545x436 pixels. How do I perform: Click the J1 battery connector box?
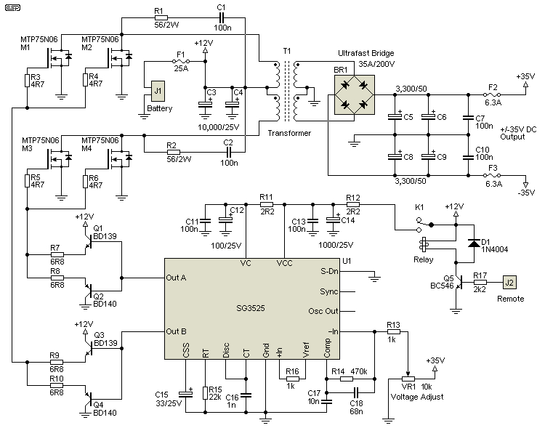click(156, 92)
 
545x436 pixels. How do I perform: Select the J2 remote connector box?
click(509, 283)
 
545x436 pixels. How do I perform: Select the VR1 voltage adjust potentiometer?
click(408, 378)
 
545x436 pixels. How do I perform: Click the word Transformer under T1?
click(289, 133)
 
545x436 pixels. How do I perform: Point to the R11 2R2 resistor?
click(266, 204)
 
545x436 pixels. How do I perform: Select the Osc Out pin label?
click(323, 311)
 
